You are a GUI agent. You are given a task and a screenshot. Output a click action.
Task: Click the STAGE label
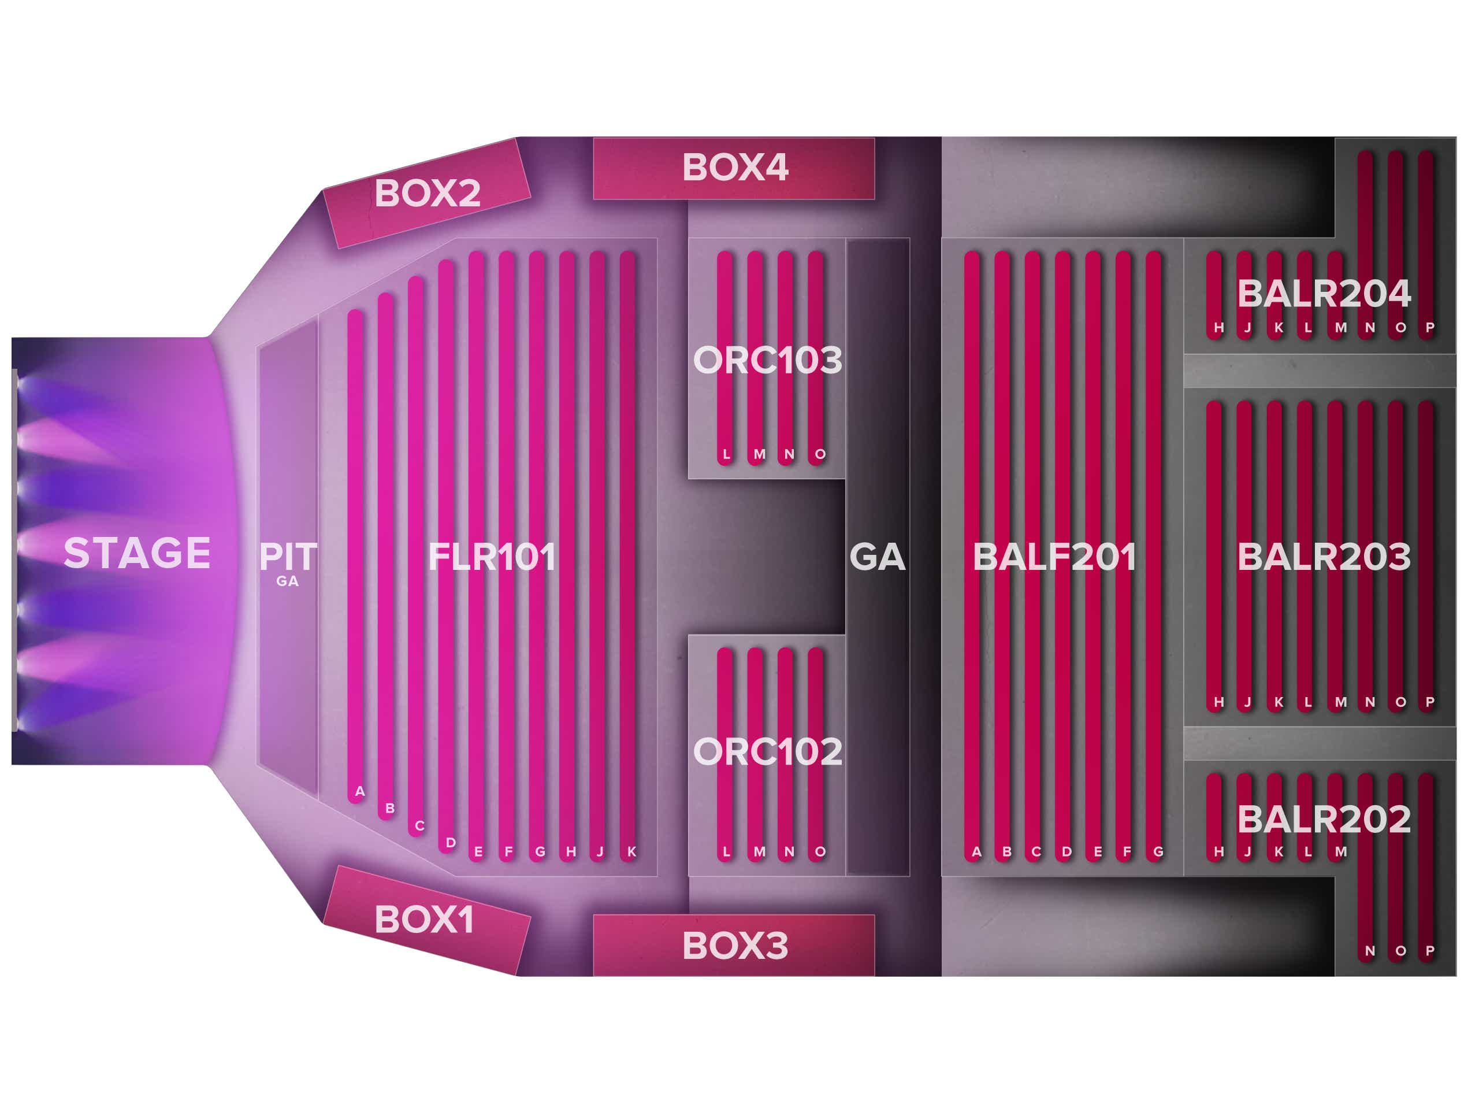click(137, 553)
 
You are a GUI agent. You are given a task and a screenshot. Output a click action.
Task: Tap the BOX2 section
click(426, 193)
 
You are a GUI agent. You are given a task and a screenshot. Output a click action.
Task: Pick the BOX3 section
click(734, 945)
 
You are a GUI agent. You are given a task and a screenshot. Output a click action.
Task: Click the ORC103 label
click(768, 360)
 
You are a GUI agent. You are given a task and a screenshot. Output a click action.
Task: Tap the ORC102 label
click(768, 752)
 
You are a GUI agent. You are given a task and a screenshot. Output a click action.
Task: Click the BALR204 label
click(1324, 293)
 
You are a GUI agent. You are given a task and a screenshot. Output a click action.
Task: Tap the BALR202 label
click(1324, 820)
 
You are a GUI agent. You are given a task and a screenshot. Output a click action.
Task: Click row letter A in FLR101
click(360, 791)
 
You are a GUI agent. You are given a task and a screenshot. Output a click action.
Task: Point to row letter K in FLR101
click(631, 851)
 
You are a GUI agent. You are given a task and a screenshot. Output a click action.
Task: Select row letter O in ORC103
click(820, 454)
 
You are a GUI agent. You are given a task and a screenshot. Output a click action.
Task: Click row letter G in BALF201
click(1158, 851)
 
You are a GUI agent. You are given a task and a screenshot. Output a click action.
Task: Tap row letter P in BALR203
click(1429, 702)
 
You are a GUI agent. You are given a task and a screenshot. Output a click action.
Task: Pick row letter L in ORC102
click(726, 851)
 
